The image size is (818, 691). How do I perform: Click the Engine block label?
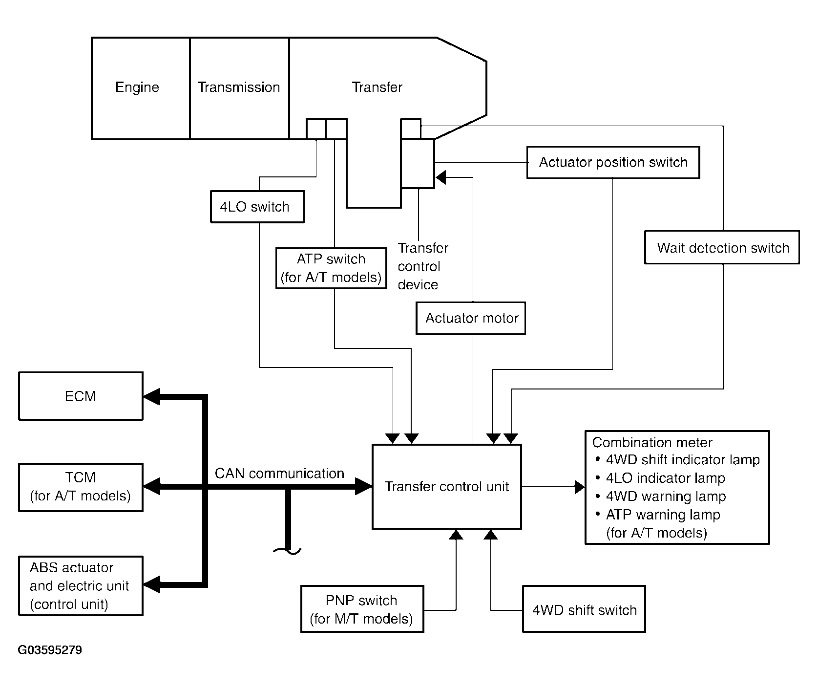tap(137, 87)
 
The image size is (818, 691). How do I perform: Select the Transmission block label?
tap(239, 87)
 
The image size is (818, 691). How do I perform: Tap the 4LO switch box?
tap(257, 207)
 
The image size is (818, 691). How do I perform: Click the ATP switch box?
tap(331, 268)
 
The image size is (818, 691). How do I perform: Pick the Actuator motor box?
tap(471, 318)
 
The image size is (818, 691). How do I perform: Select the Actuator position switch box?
tap(613, 162)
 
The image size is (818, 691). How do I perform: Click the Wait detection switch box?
tap(722, 248)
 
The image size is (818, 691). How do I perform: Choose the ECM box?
tap(81, 396)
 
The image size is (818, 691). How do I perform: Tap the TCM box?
tap(81, 487)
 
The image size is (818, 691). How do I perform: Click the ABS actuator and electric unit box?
tap(81, 585)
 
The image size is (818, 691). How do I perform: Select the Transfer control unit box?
tap(446, 487)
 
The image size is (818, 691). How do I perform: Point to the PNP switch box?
tap(362, 609)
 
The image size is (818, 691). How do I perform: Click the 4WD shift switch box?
tap(584, 609)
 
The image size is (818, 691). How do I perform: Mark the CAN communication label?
tap(279, 474)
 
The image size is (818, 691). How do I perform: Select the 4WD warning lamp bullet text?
tap(666, 497)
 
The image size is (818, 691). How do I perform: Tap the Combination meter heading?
tap(652, 443)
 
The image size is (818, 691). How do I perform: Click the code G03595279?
tap(50, 650)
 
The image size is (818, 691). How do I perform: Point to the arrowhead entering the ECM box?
tap(151, 397)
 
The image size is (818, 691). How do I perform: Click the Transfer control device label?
tap(422, 266)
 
